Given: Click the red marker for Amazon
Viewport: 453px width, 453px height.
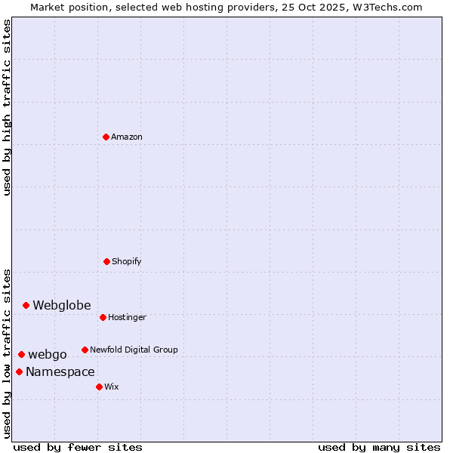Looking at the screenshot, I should (x=106, y=137).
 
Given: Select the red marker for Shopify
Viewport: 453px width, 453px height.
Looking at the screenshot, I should (x=106, y=261).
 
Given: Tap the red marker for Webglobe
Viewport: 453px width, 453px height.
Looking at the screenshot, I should (x=26, y=305).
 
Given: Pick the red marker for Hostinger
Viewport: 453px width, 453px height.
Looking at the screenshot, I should (x=103, y=317).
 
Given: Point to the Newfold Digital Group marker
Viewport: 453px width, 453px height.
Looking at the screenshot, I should (x=85, y=350).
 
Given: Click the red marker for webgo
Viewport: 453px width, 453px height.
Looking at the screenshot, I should (x=21, y=354).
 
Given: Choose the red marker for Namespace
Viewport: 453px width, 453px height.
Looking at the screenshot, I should (x=19, y=371).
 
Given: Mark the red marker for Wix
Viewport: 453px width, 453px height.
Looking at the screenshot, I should (x=99, y=387).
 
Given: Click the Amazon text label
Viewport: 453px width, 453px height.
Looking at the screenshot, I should (x=127, y=137).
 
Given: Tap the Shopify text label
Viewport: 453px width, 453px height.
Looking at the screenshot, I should (x=127, y=261).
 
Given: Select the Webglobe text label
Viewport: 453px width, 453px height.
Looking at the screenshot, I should (x=61, y=305).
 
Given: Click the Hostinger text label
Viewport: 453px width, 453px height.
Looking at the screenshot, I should (x=127, y=317).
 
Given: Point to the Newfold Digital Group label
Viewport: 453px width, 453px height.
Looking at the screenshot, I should (x=134, y=350).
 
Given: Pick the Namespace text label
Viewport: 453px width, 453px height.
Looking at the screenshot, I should (x=60, y=371).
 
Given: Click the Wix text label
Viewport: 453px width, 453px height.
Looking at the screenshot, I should (x=111, y=387).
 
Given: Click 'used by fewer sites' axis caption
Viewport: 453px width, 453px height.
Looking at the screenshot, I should (x=78, y=447).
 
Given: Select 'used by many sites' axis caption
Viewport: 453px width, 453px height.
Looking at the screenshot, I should (x=379, y=447).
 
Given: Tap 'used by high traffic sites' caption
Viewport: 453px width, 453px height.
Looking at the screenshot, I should (x=8, y=107).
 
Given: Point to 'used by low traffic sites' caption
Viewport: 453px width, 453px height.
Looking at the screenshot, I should (x=8, y=353).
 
